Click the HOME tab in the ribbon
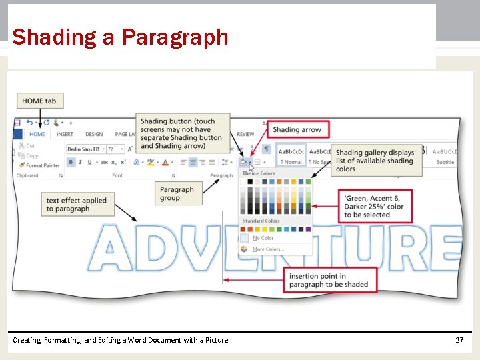[37, 134]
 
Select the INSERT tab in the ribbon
[65, 134]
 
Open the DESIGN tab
[94, 134]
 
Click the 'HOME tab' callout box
[39, 101]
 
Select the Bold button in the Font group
[71, 162]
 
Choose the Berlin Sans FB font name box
[84, 149]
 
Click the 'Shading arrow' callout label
[297, 129]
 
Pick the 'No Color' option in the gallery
[263, 238]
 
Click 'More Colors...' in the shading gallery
[267, 249]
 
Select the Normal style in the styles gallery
[291, 162]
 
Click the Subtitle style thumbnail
[445, 162]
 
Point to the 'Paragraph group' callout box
[177, 193]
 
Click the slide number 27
[459, 340]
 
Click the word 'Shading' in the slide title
[54, 37]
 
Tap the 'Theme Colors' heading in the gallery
[259, 173]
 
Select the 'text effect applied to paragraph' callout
[77, 205]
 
